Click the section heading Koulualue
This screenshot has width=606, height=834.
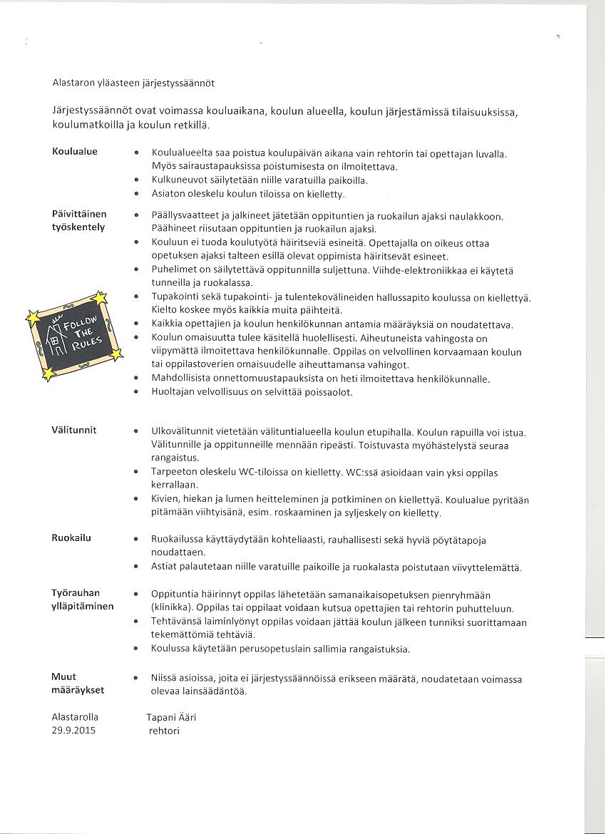75,152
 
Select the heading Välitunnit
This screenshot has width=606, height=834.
74,431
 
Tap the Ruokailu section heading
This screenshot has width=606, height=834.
71,539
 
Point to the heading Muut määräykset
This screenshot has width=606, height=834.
78,684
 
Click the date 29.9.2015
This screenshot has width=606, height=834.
73,731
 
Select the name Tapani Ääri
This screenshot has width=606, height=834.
171,717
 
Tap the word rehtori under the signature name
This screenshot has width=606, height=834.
164,731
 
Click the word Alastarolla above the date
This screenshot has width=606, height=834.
76,717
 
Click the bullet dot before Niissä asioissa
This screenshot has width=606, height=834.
136,678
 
